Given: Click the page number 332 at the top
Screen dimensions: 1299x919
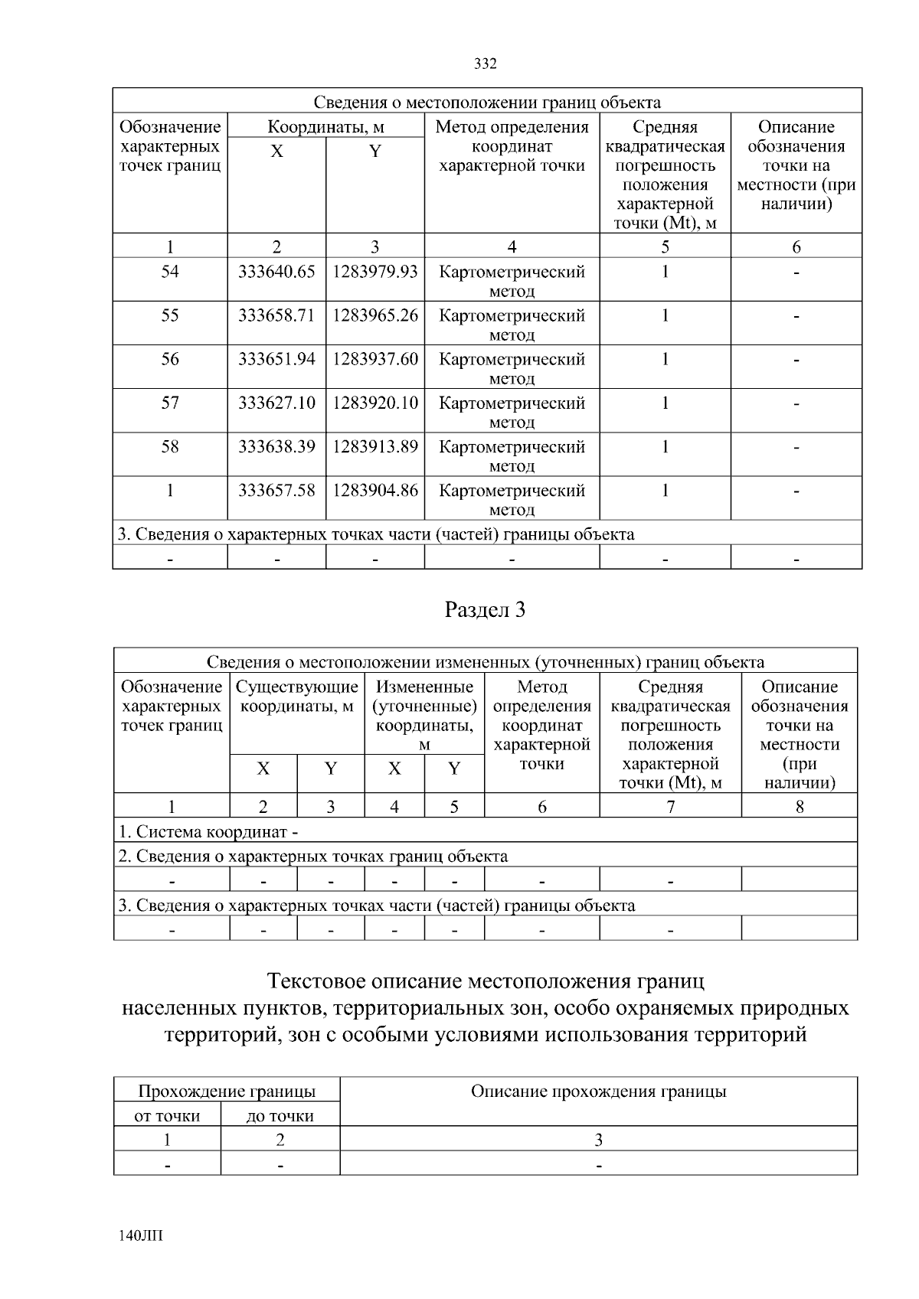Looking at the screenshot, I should pyautogui.click(x=486, y=64).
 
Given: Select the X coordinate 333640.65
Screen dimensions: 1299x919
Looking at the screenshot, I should pyautogui.click(x=276, y=272).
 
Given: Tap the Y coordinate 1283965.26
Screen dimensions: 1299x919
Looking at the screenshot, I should pyautogui.click(x=375, y=315).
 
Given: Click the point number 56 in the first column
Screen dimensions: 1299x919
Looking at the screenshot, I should pyautogui.click(x=170, y=359).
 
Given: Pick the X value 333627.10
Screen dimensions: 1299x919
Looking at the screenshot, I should pyautogui.click(x=276, y=403).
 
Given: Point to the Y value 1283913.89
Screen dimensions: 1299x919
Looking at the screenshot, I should pyautogui.click(x=375, y=446).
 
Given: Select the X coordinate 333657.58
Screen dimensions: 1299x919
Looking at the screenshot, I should pyautogui.click(x=276, y=490).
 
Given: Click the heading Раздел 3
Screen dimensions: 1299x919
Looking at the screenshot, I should pyautogui.click(x=486, y=610).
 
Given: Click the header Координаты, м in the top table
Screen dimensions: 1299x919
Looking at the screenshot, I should pyautogui.click(x=325, y=126).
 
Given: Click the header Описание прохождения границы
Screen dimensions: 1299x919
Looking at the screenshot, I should pyautogui.click(x=598, y=1092).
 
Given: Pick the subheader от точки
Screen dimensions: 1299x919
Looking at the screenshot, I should pyautogui.click(x=167, y=1116).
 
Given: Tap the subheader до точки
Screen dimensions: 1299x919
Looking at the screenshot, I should pyautogui.click(x=280, y=1116).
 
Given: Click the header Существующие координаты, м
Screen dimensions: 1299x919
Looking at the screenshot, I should pyautogui.click(x=297, y=697).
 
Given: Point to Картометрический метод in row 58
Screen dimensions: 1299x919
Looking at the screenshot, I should pyautogui.click(x=512, y=455).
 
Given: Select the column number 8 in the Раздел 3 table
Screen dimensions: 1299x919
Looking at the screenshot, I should pyautogui.click(x=800, y=806).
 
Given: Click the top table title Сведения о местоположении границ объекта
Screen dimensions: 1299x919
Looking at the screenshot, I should pyautogui.click(x=487, y=102).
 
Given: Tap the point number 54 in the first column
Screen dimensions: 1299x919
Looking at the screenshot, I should pyautogui.click(x=170, y=272).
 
